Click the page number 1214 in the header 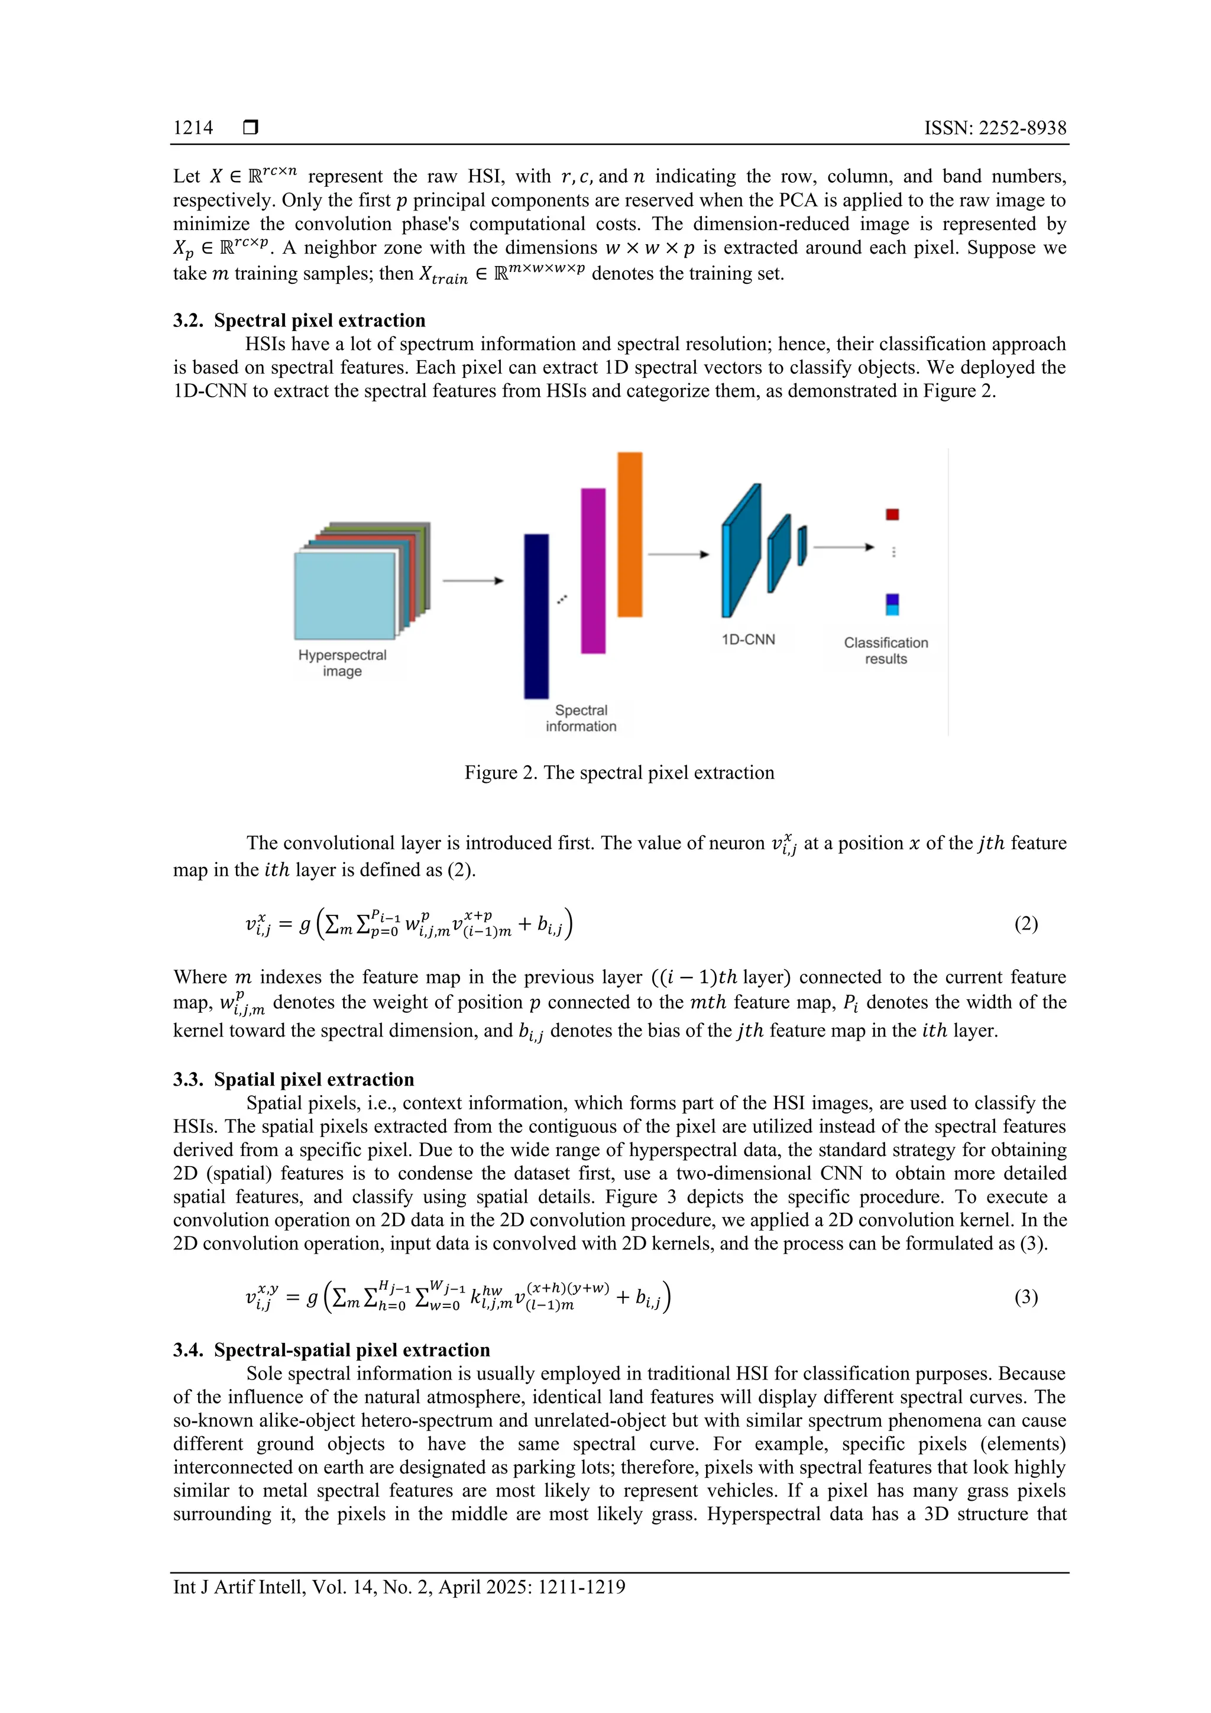pos(193,128)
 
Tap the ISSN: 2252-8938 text pos(995,128)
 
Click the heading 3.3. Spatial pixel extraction pos(293,1079)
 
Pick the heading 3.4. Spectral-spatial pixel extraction pos(331,1350)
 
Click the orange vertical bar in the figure pos(630,534)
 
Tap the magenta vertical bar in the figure pos(593,571)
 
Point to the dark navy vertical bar pos(536,616)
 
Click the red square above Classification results pos(892,514)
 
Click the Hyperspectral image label pos(342,662)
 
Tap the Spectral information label pos(581,718)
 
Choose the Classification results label pos(886,650)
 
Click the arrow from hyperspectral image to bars pos(473,581)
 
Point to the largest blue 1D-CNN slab pos(741,552)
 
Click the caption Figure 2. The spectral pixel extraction pos(619,772)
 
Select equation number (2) pos(1026,924)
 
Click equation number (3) pos(1026,1297)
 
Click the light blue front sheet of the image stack pos(344,595)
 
